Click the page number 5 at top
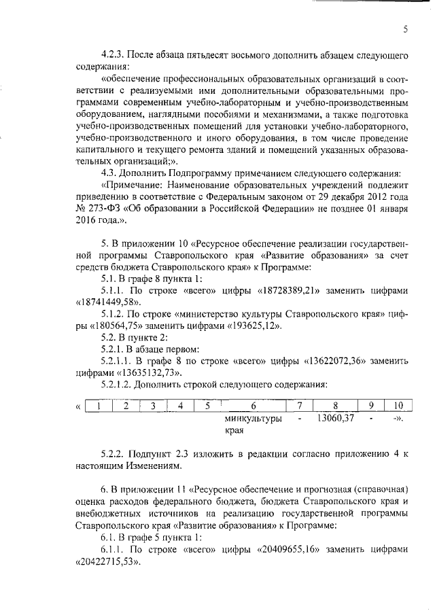(x=405, y=29)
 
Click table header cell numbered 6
(x=253, y=406)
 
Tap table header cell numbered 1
(x=99, y=406)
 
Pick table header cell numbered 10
(x=398, y=406)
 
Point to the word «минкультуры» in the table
(x=253, y=419)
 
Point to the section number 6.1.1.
(x=112, y=550)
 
